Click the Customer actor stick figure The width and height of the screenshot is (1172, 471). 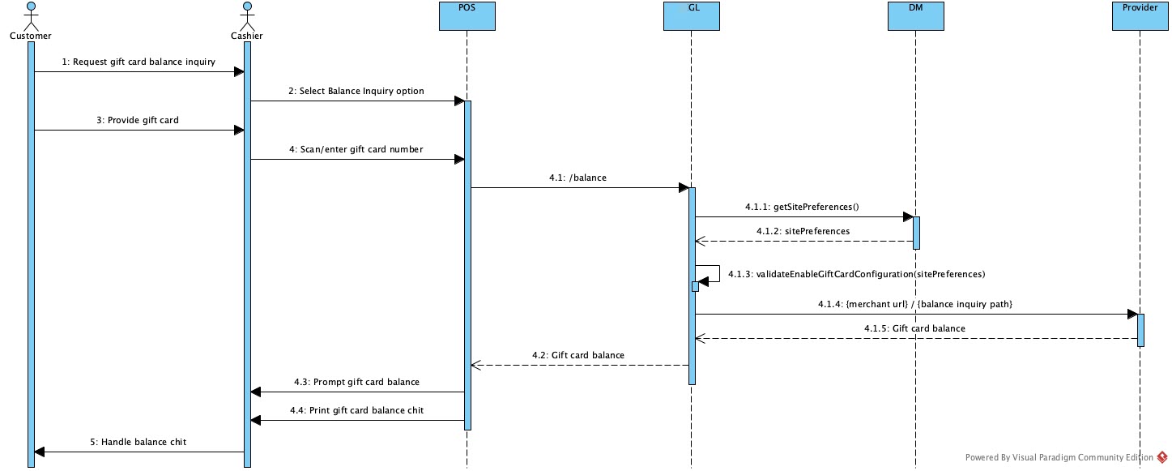pos(31,16)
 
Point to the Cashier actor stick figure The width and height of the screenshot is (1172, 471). pos(247,16)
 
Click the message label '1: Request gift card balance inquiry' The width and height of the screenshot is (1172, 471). pos(139,62)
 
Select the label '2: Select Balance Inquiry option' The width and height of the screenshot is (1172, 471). pos(356,91)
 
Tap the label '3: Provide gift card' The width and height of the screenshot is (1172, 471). pos(138,120)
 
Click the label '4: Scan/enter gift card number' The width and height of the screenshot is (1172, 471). pos(356,149)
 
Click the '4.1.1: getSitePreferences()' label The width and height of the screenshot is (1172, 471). pos(802,208)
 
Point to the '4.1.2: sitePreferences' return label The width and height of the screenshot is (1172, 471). pos(803,231)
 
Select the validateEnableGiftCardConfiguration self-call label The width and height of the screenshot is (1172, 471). pos(856,275)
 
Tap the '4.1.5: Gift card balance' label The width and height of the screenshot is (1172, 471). pos(915,328)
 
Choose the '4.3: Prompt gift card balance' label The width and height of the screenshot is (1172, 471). pos(356,382)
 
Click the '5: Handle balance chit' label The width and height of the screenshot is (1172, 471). pos(139,442)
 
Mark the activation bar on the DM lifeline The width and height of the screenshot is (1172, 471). pos(916,233)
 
